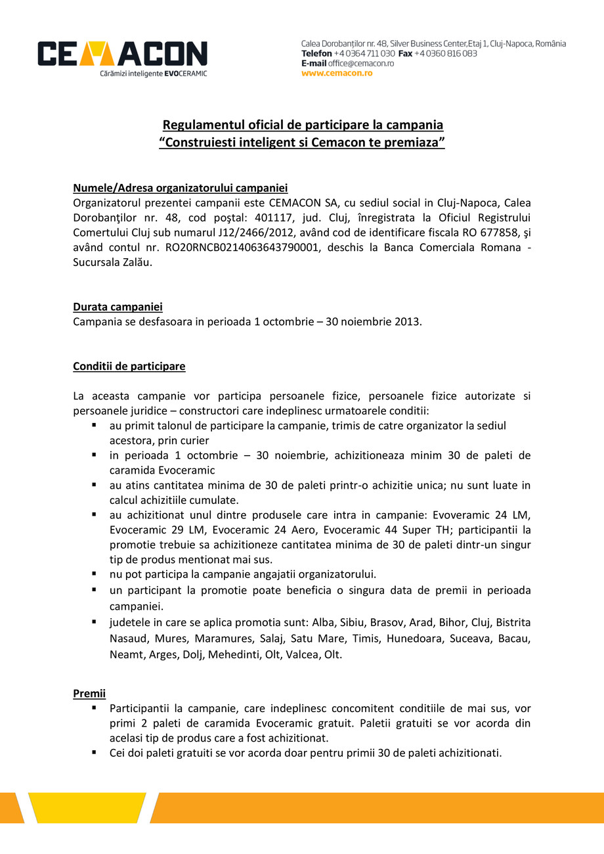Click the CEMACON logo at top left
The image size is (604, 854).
pyautogui.click(x=122, y=58)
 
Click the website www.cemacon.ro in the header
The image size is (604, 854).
pyautogui.click(x=337, y=73)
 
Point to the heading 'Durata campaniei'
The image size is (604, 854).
pyautogui.click(x=118, y=307)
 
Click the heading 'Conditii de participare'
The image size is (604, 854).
pyautogui.click(x=129, y=366)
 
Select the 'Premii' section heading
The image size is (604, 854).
pyautogui.click(x=89, y=694)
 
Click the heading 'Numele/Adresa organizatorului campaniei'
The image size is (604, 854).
pyautogui.click(x=181, y=188)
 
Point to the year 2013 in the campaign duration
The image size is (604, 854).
pyautogui.click(x=407, y=322)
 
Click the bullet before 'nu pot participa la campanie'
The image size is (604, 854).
pyautogui.click(x=94, y=573)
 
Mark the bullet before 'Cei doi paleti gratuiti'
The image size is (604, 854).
pyautogui.click(x=94, y=752)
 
